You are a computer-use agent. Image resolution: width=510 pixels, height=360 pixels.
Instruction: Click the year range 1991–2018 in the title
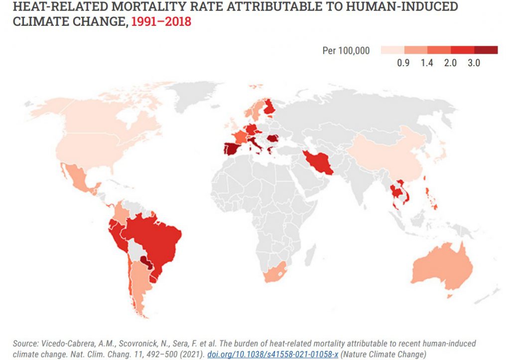click(x=161, y=22)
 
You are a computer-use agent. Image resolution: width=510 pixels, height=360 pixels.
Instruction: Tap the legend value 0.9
click(x=403, y=63)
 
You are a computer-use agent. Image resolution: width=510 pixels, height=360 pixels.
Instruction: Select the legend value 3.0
click(x=474, y=63)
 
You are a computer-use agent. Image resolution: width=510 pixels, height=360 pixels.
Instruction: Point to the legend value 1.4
click(x=427, y=63)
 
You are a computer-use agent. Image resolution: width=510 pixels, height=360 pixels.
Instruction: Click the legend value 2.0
click(x=450, y=63)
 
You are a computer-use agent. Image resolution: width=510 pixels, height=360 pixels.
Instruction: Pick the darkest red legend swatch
click(x=486, y=50)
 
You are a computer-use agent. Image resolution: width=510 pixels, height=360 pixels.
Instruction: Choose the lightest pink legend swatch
click(x=392, y=50)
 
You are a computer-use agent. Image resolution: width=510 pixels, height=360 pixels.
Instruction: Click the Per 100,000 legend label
click(x=346, y=51)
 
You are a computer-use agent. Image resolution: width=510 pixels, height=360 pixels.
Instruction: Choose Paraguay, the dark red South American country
click(x=146, y=262)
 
